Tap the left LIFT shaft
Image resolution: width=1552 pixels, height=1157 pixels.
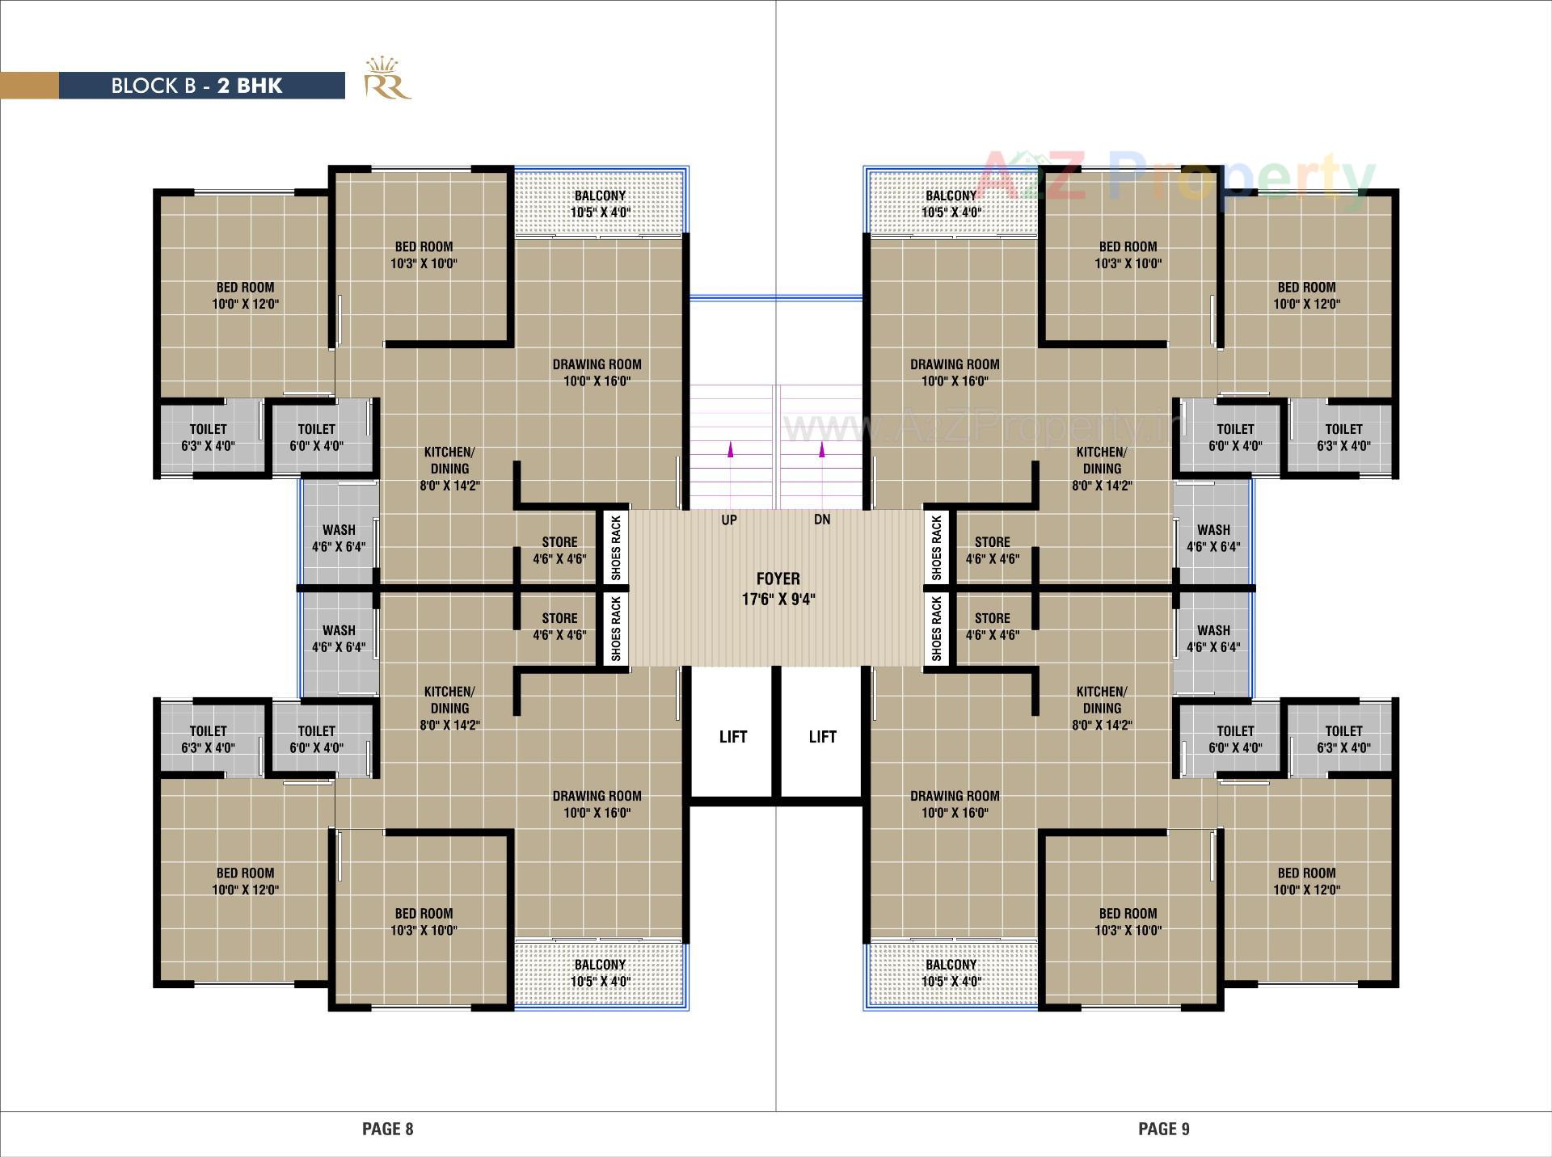(x=733, y=736)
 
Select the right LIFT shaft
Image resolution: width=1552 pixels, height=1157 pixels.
(x=822, y=736)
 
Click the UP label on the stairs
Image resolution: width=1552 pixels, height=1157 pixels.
(x=729, y=520)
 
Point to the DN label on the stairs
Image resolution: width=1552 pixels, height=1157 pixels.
(x=822, y=520)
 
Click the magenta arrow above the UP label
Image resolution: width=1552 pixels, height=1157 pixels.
(x=731, y=450)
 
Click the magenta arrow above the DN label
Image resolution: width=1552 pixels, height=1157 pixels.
(x=822, y=450)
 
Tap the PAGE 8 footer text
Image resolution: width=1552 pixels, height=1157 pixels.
(x=387, y=1129)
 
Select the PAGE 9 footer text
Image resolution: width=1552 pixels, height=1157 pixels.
(x=1163, y=1129)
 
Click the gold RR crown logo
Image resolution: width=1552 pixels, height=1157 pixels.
(x=386, y=78)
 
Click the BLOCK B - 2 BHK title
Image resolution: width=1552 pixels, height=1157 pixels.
(x=196, y=86)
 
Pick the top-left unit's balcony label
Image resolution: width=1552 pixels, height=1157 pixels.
(x=600, y=204)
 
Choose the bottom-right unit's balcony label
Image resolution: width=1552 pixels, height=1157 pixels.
(x=951, y=972)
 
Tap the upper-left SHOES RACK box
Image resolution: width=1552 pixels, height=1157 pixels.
(x=616, y=548)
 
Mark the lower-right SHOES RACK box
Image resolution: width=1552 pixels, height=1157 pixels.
(x=937, y=629)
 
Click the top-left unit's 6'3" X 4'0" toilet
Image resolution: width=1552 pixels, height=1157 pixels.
(x=208, y=437)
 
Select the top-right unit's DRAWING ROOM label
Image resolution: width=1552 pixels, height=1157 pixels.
(x=955, y=372)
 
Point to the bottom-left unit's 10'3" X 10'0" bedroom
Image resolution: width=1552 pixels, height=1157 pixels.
(x=424, y=921)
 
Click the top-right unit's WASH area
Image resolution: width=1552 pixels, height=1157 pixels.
(x=1213, y=537)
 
